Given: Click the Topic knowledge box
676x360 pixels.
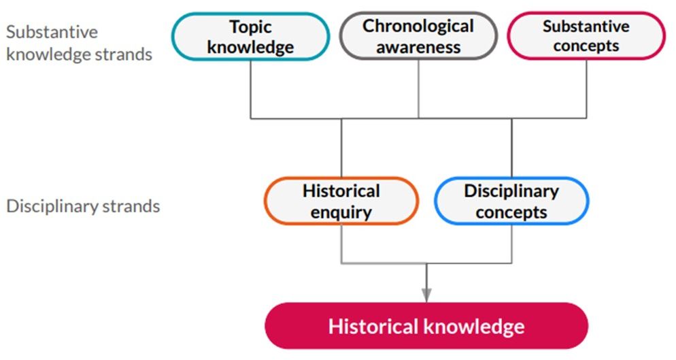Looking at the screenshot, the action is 251,36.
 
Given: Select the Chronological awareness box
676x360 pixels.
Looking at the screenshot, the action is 418,35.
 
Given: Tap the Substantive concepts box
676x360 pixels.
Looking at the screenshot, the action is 586,35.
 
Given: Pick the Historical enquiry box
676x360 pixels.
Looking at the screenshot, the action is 341,201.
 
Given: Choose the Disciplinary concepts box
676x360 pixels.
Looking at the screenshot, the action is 511,201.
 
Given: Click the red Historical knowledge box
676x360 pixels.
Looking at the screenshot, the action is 426,326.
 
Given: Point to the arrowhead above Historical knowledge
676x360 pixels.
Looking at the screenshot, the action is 426,295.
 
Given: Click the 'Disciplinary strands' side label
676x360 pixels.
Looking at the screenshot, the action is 83,206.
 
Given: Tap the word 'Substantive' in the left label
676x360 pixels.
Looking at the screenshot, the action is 52,32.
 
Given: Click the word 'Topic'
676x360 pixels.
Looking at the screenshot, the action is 250,27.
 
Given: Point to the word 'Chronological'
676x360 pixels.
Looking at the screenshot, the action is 418,26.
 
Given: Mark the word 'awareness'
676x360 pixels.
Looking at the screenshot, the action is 418,47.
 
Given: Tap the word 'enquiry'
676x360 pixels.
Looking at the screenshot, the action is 341,212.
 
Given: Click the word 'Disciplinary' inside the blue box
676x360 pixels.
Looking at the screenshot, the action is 511,191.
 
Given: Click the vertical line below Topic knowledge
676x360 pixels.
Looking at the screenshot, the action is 250,89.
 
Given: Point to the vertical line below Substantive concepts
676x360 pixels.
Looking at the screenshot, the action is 586,88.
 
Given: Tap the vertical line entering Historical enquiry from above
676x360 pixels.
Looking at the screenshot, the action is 341,148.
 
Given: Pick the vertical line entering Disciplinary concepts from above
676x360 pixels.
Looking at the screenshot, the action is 511,148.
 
